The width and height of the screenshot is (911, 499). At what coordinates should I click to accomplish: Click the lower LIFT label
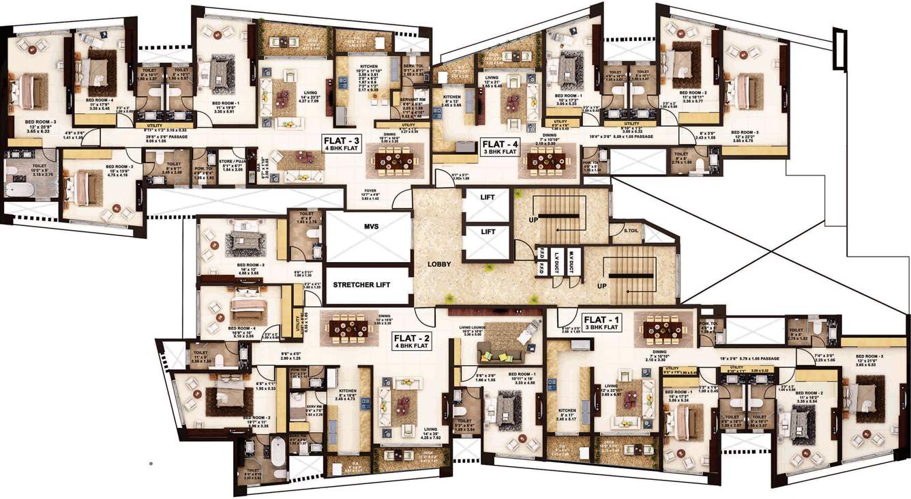(x=488, y=232)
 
